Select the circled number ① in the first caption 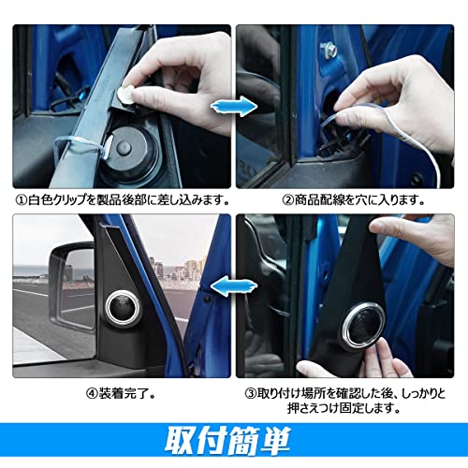click(x=21, y=199)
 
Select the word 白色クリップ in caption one click(x=61, y=199)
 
